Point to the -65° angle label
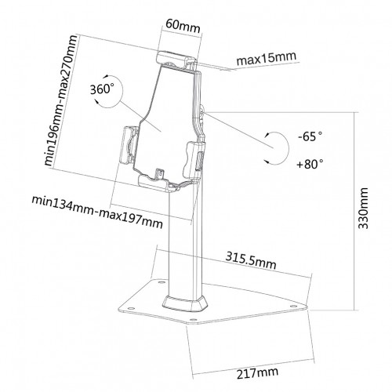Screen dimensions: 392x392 click(x=312, y=137)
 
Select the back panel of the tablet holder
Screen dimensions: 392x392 click(x=165, y=118)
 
